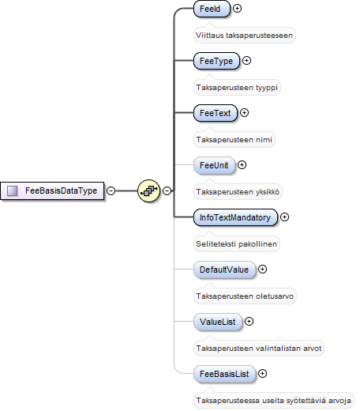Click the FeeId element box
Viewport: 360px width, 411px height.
pos(212,9)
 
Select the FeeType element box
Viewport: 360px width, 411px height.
pos(216,61)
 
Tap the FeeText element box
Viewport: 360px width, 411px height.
pos(216,113)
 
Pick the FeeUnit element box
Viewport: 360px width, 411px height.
pos(214,165)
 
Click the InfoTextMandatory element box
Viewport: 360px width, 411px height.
pos(235,217)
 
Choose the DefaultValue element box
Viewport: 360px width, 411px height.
pos(224,270)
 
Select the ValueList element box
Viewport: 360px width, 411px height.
pos(218,322)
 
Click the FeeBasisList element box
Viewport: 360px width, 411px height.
pos(225,374)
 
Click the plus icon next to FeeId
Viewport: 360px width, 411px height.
pos(238,9)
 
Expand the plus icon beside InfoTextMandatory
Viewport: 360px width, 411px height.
pos(284,217)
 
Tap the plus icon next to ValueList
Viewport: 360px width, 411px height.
pos(249,322)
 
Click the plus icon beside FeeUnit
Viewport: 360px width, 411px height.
pos(242,165)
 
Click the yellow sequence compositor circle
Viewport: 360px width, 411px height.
pos(149,190)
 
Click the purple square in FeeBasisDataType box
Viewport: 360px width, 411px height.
pos(13,190)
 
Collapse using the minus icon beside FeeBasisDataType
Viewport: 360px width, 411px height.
pos(111,190)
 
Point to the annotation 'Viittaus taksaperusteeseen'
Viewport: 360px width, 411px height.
pos(244,36)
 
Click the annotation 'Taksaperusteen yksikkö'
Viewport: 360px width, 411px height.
pos(238,192)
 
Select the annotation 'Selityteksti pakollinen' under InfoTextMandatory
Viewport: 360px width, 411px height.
pos(236,244)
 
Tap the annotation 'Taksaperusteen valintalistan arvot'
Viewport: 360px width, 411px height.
pos(259,349)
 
